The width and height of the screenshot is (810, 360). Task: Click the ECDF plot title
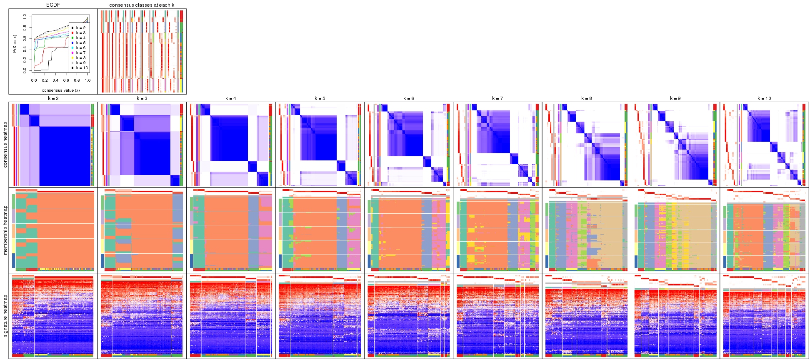53,5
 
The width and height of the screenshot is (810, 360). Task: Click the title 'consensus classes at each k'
142,5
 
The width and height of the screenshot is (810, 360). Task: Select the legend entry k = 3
80,33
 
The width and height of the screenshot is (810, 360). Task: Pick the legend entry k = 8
80,58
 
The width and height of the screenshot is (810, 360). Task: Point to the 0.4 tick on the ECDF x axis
55,80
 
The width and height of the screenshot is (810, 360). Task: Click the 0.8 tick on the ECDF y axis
25,28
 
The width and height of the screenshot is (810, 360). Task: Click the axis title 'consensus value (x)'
61,90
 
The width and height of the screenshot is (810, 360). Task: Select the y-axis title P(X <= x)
14,43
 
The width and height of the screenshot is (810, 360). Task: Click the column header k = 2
53,99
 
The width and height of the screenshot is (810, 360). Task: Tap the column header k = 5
320,99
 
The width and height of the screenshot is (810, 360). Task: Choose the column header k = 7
497,99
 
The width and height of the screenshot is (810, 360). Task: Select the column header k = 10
764,99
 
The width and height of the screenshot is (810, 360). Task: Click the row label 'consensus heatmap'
5,145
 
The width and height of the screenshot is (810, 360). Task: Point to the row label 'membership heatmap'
5,230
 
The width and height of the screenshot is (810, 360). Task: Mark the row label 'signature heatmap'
5,315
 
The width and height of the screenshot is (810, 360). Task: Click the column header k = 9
675,99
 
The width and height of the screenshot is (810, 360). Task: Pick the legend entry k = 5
80,43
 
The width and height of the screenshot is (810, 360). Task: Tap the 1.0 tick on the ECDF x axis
87,80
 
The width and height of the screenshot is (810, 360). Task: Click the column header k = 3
142,99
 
